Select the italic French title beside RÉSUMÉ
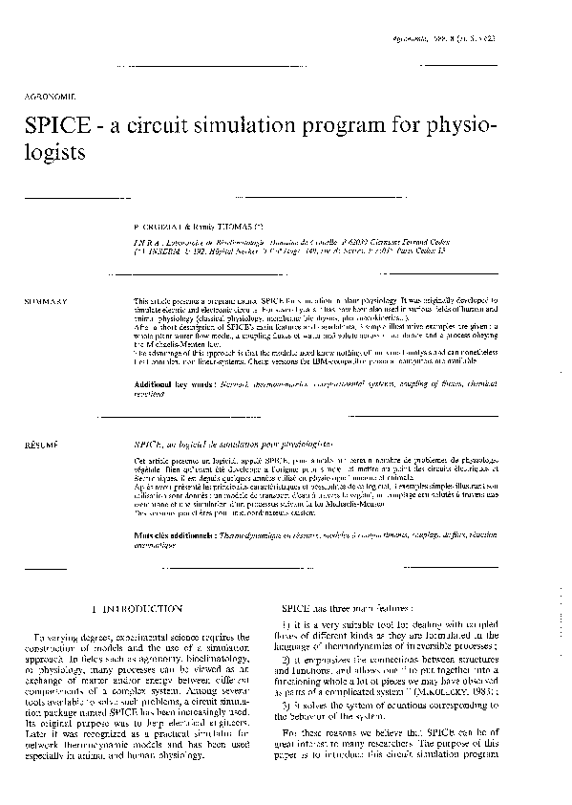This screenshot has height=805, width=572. pyautogui.click(x=234, y=446)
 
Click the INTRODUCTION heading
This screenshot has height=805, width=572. pyautogui.click(x=144, y=608)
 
